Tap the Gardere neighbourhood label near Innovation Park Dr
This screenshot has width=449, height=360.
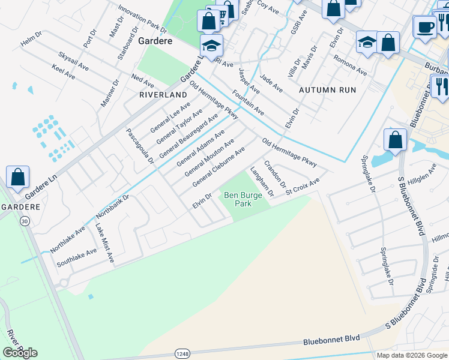click(x=155, y=41)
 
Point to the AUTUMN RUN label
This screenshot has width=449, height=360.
click(x=328, y=90)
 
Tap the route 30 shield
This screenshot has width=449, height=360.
click(x=25, y=221)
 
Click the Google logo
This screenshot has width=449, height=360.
click(x=20, y=353)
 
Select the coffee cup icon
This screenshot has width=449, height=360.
click(x=425, y=28)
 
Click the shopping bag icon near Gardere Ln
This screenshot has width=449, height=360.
click(x=18, y=177)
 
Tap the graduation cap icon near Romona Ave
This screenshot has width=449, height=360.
click(x=367, y=42)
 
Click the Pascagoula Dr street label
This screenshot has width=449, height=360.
click(x=140, y=148)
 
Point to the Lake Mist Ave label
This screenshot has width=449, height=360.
click(x=105, y=243)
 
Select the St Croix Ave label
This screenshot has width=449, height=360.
click(x=303, y=186)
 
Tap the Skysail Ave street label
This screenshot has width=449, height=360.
click(x=74, y=62)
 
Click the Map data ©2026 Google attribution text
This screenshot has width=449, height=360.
click(x=412, y=355)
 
